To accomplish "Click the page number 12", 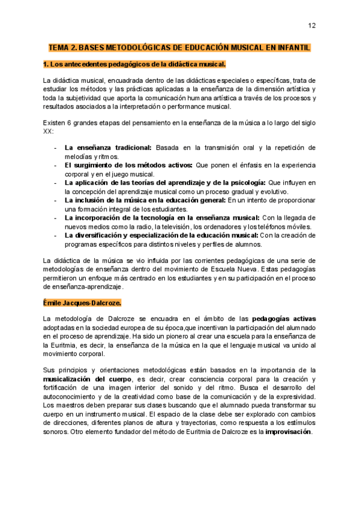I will [312, 25].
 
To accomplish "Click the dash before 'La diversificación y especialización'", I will [56, 235].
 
